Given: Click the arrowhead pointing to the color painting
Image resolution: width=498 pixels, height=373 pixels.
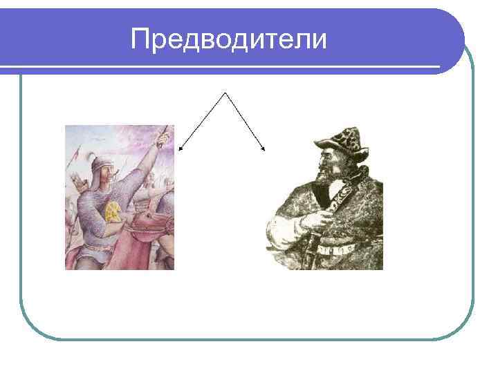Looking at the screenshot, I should click(x=181, y=147).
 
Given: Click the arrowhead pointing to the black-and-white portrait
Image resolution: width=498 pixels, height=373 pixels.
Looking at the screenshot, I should click(x=264, y=148).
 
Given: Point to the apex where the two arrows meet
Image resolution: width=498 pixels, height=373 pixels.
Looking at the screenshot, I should click(x=224, y=91).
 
